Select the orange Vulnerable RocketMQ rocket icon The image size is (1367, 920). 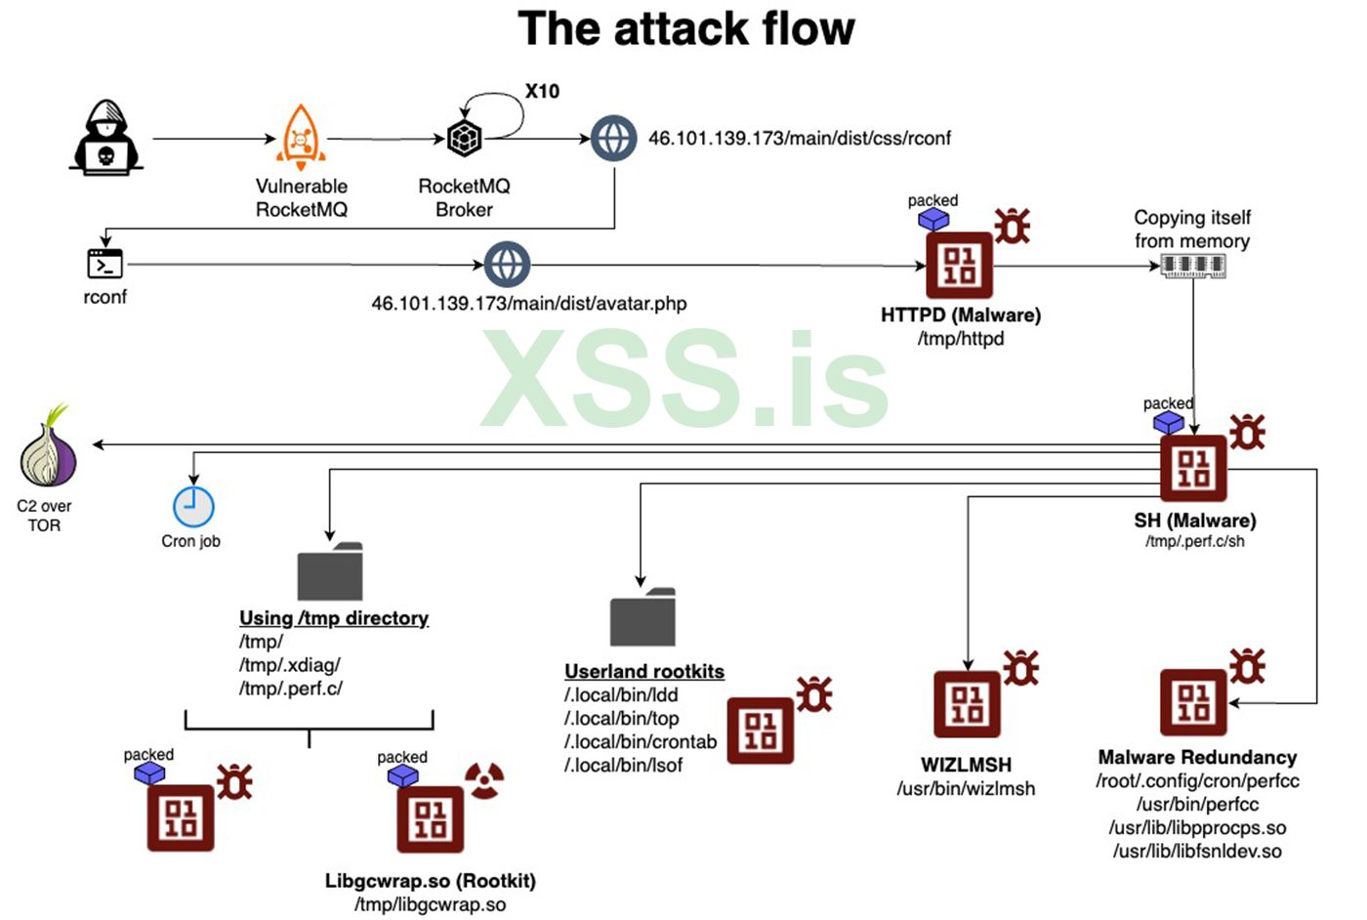tap(301, 138)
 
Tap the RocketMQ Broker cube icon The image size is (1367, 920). tap(464, 138)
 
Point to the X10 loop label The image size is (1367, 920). tap(542, 92)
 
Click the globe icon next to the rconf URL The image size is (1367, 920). tap(613, 138)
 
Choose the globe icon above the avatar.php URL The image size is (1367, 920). tap(507, 264)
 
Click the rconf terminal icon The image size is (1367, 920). tap(104, 264)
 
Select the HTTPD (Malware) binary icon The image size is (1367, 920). tap(959, 265)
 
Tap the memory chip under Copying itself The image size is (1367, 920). tap(1192, 265)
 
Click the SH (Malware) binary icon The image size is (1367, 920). tap(1192, 468)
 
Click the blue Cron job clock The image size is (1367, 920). tap(193, 507)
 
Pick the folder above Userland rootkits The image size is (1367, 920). tap(642, 617)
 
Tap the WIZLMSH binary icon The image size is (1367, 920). tap(967, 703)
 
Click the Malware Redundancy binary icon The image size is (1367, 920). tap(1192, 702)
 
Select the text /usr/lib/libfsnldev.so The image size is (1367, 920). tap(1197, 851)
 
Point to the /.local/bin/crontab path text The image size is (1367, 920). tap(641, 741)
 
